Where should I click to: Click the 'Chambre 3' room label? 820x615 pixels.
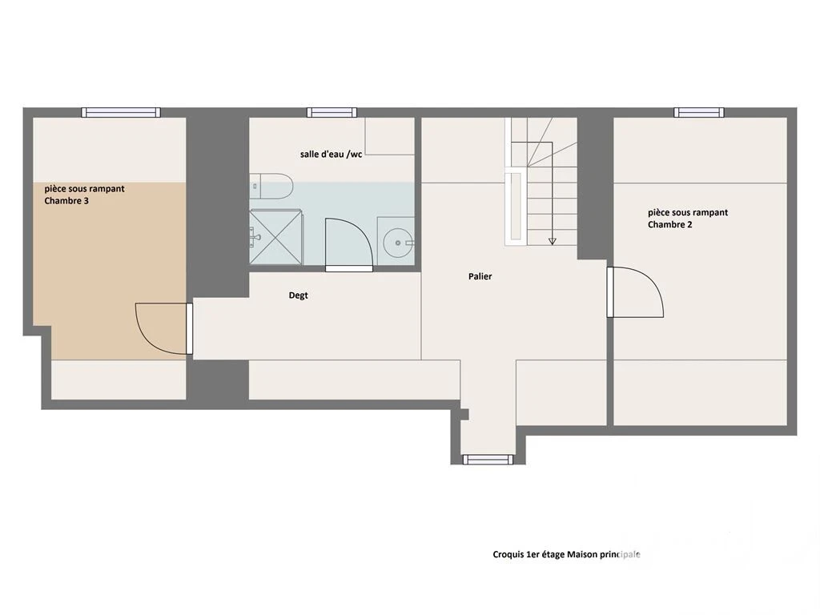pyautogui.click(x=66, y=201)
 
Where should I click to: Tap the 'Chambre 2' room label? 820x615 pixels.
pyautogui.click(x=670, y=224)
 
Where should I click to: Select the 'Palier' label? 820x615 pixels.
pyautogui.click(x=480, y=276)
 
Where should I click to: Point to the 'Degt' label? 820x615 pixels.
pyautogui.click(x=298, y=295)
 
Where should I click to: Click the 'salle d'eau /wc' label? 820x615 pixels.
pyautogui.click(x=331, y=155)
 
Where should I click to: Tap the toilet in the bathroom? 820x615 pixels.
pyautogui.click(x=271, y=186)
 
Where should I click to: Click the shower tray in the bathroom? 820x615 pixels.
pyautogui.click(x=275, y=237)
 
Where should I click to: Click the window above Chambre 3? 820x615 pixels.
pyautogui.click(x=121, y=112)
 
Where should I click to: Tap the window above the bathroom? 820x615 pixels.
pyautogui.click(x=332, y=112)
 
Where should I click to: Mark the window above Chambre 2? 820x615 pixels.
pyautogui.click(x=698, y=112)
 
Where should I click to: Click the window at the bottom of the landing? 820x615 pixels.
pyautogui.click(x=488, y=460)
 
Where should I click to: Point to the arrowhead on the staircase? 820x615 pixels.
pyautogui.click(x=553, y=242)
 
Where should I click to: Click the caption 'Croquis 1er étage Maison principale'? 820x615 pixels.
pyautogui.click(x=566, y=554)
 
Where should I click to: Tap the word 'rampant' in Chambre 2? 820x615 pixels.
pyautogui.click(x=709, y=213)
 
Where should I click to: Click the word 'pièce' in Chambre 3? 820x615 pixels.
pyautogui.click(x=55, y=189)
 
